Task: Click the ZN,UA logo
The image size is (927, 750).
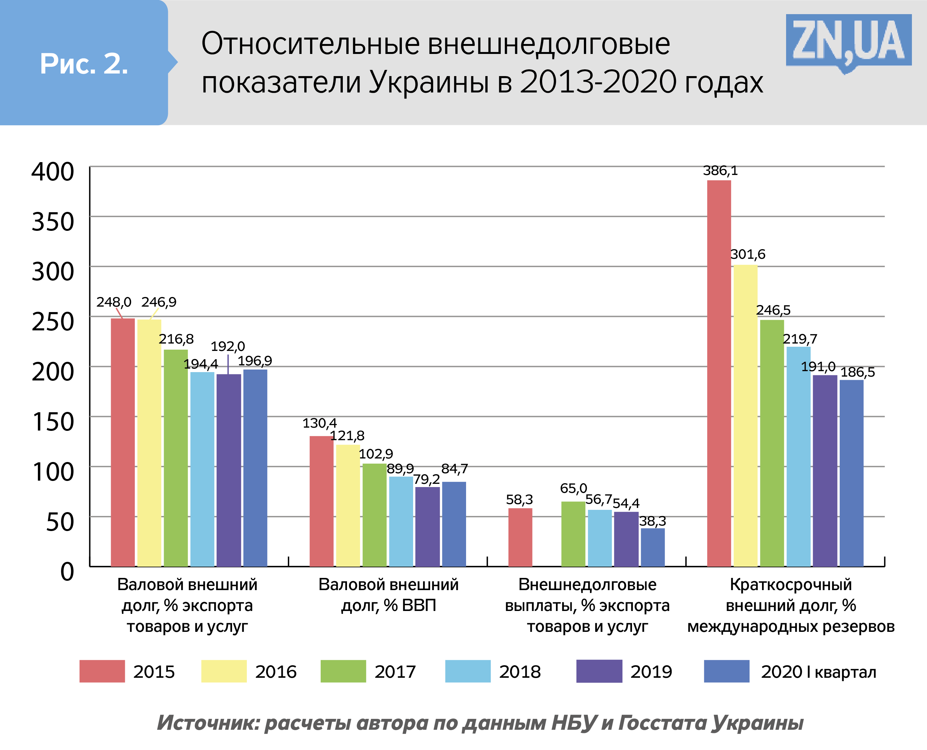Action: point(848,41)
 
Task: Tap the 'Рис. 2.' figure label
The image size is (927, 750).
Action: point(84,64)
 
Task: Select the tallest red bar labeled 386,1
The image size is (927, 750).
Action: point(719,371)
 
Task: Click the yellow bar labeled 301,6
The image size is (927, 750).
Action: point(745,415)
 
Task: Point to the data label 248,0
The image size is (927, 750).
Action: point(114,302)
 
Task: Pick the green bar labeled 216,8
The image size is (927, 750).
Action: point(176,458)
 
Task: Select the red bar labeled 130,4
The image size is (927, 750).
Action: point(321,501)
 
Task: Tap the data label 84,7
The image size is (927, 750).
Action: point(455,469)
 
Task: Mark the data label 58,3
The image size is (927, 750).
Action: point(519,500)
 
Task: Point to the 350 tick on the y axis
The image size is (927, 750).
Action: point(53,222)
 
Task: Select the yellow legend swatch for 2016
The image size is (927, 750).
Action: point(224,671)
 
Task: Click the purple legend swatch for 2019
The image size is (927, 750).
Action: point(599,671)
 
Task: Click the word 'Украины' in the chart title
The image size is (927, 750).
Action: point(429,82)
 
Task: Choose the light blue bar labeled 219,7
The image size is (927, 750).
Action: point(798,456)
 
